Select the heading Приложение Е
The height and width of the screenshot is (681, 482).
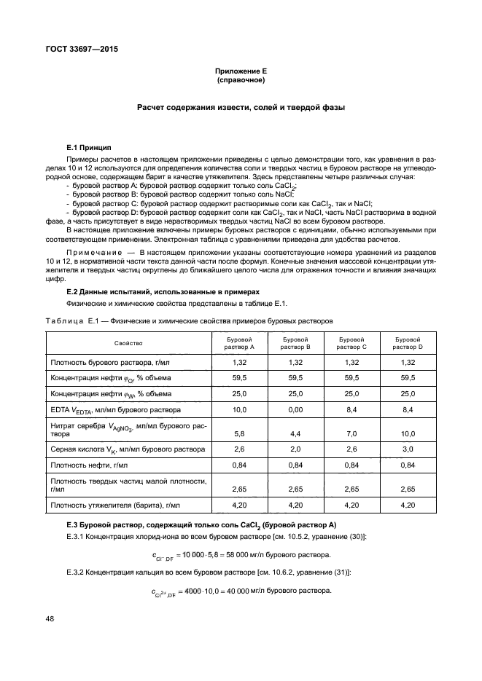[241, 71]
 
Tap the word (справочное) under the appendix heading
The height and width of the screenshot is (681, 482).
[241, 79]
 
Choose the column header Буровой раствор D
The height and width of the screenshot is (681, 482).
[408, 343]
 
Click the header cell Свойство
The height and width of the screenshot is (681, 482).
[128, 343]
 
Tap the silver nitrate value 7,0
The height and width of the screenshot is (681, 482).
[351, 433]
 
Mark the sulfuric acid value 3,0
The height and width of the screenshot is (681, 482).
[408, 449]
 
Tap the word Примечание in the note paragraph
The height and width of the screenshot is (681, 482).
[91, 251]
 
